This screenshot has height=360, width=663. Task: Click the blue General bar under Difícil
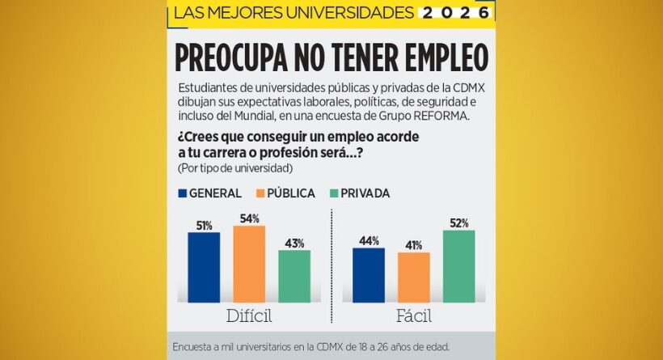pyautogui.click(x=204, y=267)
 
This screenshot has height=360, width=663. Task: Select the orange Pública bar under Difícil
pyautogui.click(x=249, y=264)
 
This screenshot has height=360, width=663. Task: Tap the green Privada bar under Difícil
pyautogui.click(x=294, y=276)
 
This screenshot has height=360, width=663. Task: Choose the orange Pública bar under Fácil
pyautogui.click(x=414, y=277)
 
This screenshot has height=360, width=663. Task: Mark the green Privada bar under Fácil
pyautogui.click(x=459, y=266)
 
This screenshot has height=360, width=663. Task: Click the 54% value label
pyautogui.click(x=249, y=218)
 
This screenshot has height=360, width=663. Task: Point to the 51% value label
pyautogui.click(x=203, y=226)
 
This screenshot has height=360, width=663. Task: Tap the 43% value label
pyautogui.click(x=294, y=243)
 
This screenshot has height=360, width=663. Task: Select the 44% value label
pyautogui.click(x=369, y=240)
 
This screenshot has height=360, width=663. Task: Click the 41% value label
pyautogui.click(x=414, y=245)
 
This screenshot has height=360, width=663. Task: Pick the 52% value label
pyautogui.click(x=459, y=222)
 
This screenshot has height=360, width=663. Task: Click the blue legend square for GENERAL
pyautogui.click(x=182, y=193)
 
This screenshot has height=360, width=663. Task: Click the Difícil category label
pyautogui.click(x=248, y=316)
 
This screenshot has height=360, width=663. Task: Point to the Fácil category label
pyautogui.click(x=413, y=316)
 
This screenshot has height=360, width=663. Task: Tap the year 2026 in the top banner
pyautogui.click(x=458, y=13)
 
